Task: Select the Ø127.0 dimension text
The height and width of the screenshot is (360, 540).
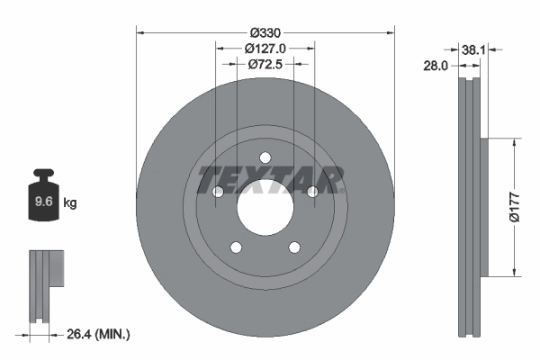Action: tap(265, 49)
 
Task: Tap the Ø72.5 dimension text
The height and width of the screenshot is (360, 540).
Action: tap(265, 65)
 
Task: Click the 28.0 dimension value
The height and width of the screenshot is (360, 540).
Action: tap(436, 65)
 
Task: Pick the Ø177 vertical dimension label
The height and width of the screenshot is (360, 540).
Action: tap(514, 206)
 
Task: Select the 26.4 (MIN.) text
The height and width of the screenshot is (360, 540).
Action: tap(98, 334)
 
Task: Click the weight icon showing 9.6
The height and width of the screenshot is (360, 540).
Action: tap(43, 202)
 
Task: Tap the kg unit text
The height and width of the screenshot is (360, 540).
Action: tap(71, 203)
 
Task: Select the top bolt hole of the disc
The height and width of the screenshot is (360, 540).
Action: tap(265, 158)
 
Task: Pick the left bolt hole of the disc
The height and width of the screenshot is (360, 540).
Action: tap(218, 192)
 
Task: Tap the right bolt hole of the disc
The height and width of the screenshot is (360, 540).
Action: tap(312, 192)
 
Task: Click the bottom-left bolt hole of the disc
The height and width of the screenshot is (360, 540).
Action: tap(236, 247)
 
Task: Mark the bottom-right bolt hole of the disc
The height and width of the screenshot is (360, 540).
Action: tap(294, 247)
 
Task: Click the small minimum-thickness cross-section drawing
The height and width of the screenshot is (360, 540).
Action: tap(46, 285)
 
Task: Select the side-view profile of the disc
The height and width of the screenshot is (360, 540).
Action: tap(470, 207)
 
